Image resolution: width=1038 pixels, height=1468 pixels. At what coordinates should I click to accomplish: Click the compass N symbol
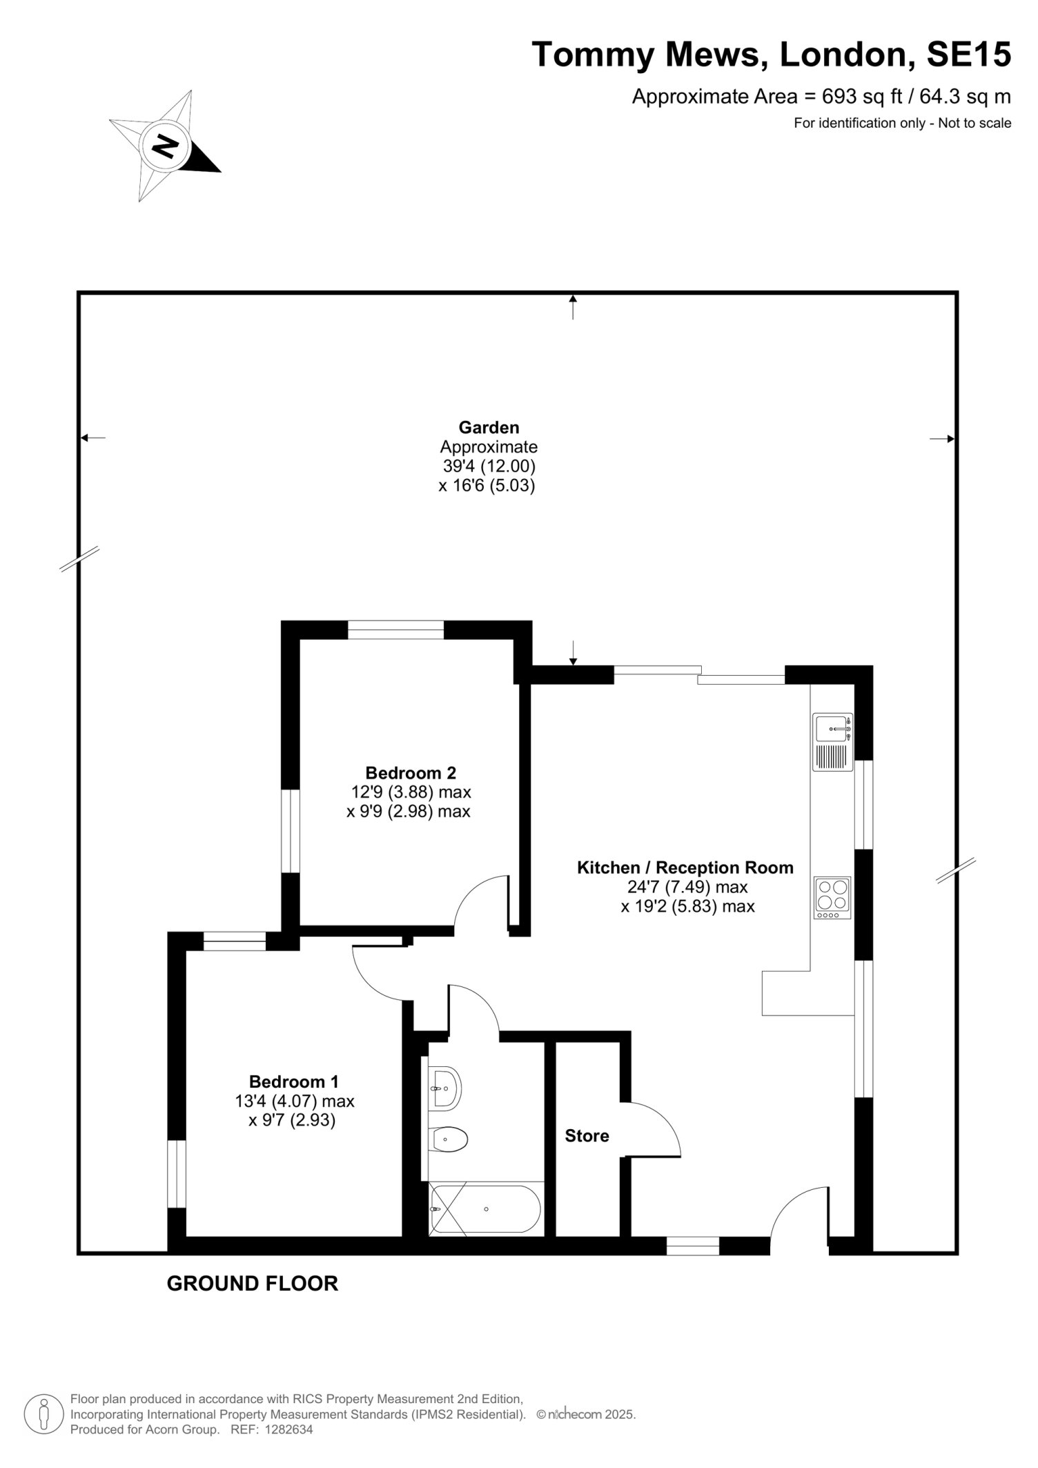tap(165, 146)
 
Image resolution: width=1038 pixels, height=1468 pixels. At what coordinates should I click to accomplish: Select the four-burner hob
tap(833, 897)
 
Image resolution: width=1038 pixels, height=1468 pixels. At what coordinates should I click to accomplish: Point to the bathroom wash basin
tap(444, 1088)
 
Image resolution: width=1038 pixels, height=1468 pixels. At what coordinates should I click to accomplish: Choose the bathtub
tap(487, 1209)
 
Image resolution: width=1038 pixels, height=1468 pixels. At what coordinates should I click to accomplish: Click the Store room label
tap(587, 1136)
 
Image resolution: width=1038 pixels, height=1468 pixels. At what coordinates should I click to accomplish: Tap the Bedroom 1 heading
tap(294, 1082)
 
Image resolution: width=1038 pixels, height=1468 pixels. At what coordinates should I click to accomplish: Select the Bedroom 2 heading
tap(411, 773)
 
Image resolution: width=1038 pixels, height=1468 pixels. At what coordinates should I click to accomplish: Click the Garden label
tap(489, 428)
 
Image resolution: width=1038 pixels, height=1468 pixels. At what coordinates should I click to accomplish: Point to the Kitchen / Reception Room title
tap(685, 868)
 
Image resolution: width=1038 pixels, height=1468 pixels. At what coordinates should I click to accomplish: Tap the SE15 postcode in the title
tap(968, 55)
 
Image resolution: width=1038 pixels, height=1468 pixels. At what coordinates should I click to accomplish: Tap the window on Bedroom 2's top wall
tap(395, 629)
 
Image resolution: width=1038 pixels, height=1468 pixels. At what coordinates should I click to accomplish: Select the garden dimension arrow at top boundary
tap(573, 306)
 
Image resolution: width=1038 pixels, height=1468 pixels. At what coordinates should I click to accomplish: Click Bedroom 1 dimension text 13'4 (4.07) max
tap(295, 1101)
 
